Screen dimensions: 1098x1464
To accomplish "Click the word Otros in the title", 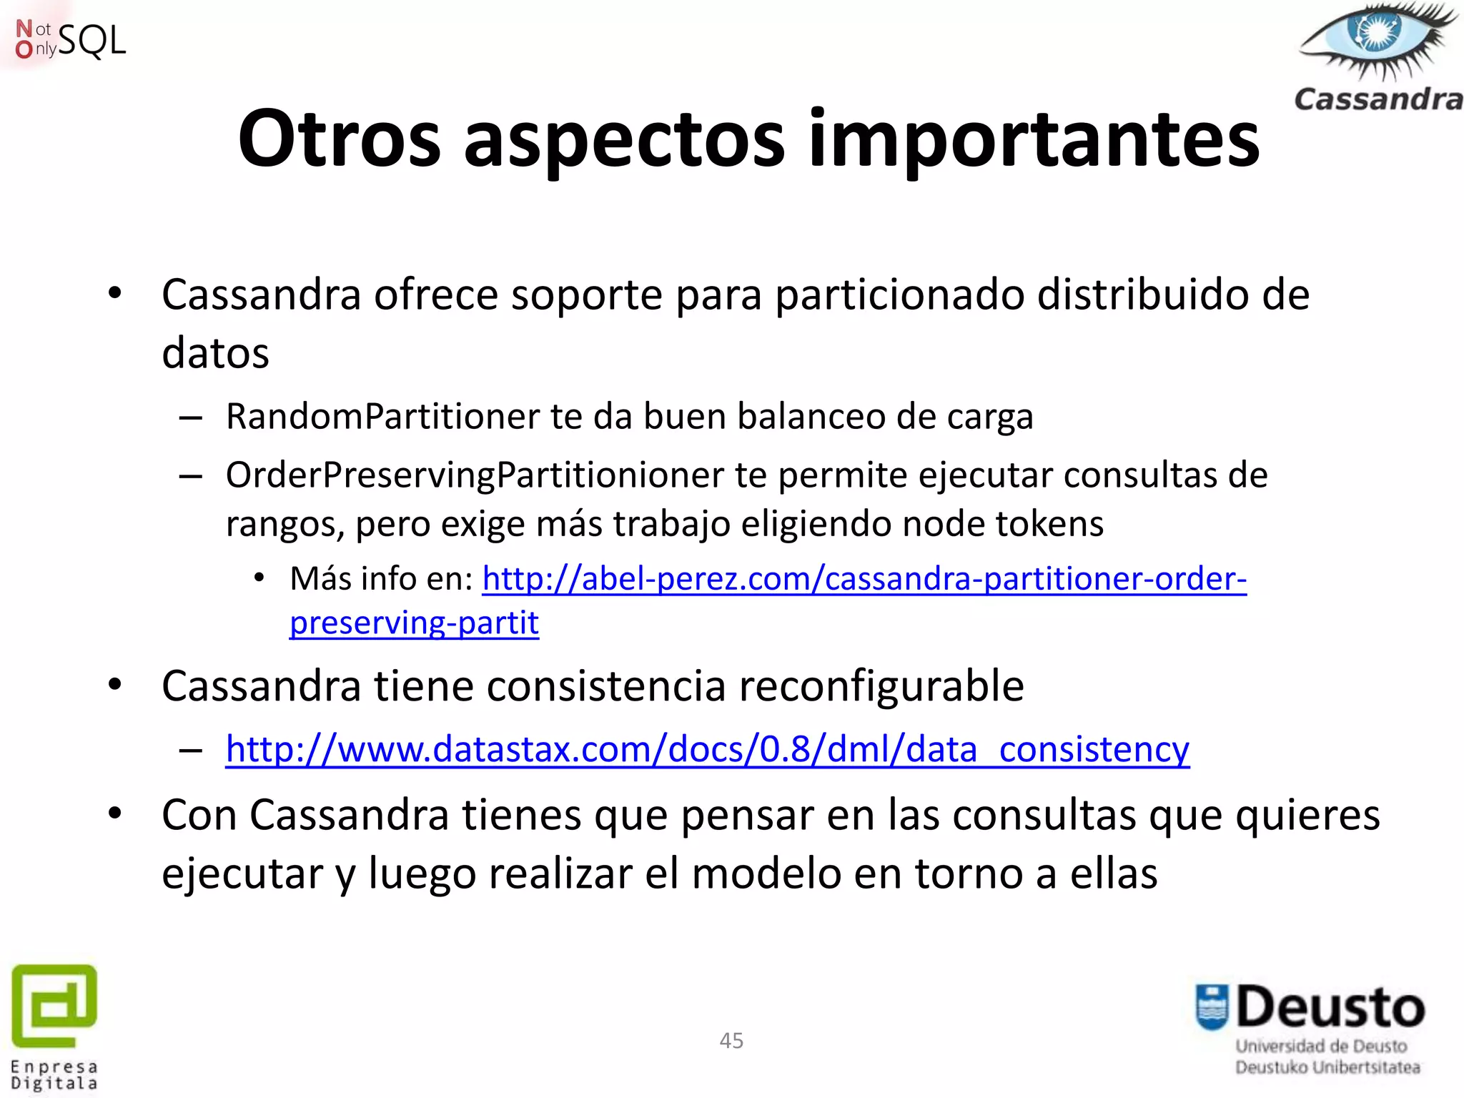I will [339, 139].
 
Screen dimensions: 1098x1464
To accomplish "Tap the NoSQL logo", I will [70, 39].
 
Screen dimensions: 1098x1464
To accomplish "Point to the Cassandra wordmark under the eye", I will [1378, 99].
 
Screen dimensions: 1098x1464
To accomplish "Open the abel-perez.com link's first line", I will [864, 579].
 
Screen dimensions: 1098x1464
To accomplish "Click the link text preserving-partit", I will [414, 623].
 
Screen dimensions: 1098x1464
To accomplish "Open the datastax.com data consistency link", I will [707, 750].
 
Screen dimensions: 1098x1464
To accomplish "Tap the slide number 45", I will [731, 1041].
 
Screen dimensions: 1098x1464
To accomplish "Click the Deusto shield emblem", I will [1212, 1008].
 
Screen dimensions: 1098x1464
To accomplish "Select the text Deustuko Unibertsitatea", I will [1327, 1067].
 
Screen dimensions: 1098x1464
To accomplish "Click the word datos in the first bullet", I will [215, 353].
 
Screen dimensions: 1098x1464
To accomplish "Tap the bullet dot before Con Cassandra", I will [115, 813].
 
